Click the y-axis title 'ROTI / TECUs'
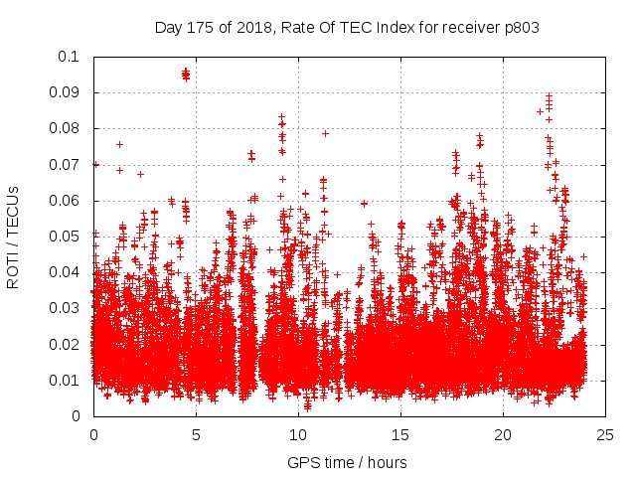13,236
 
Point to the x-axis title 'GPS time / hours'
347,462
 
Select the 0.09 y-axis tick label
69,92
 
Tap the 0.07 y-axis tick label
69,165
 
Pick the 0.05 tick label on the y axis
69,237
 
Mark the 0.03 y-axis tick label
69,308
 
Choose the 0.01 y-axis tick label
69,381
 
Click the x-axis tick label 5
196,434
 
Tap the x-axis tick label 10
298,434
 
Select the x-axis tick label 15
400,434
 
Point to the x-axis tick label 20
504,434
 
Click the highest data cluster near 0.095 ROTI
186,74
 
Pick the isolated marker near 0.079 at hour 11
325,132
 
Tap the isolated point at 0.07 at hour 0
95,165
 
